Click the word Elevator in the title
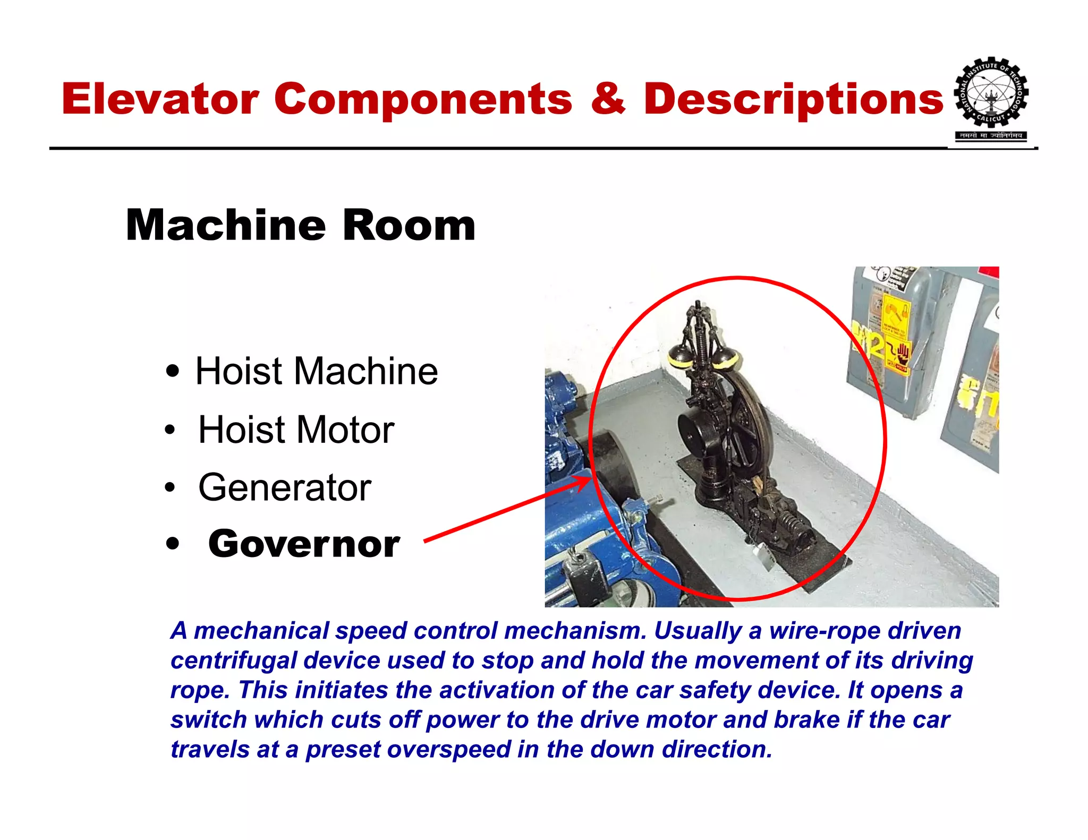click(160, 99)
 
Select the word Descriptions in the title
click(793, 99)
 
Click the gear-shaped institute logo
click(991, 93)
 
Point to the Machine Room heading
click(300, 225)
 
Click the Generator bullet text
click(285, 487)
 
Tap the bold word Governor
click(304, 544)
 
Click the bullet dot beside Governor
click(172, 544)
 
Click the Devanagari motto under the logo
click(991, 135)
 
